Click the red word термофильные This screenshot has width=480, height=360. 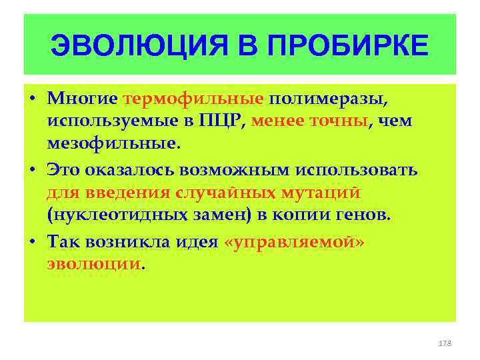(194, 99)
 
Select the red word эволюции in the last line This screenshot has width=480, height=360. (94, 263)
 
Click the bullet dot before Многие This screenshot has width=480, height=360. (33, 99)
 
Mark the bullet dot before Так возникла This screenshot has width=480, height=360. (33, 242)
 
